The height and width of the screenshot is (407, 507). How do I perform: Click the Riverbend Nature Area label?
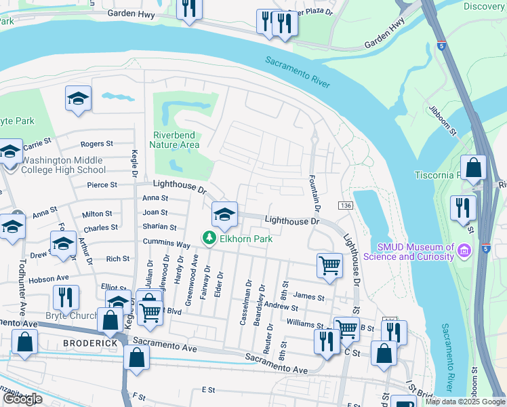coord(176,139)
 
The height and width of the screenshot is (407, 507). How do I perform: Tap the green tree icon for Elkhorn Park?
coord(209,237)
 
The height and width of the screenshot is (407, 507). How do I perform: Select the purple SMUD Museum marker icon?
coord(465,251)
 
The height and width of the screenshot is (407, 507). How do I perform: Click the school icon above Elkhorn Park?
coord(225,215)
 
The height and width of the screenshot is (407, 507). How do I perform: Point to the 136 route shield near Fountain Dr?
coord(345,206)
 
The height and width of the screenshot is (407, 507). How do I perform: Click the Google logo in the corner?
coord(22,399)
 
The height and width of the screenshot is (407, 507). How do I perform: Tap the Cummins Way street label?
coord(166,243)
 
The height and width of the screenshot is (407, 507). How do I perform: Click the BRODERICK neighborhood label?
coord(91,343)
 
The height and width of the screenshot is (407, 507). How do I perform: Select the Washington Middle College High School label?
coord(63,166)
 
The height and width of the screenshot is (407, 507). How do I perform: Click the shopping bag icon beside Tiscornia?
coord(473,168)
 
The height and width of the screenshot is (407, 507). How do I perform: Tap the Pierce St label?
coord(102,185)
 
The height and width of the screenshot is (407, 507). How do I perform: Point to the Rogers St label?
coord(96,144)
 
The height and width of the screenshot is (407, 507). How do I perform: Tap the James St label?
coord(310,297)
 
